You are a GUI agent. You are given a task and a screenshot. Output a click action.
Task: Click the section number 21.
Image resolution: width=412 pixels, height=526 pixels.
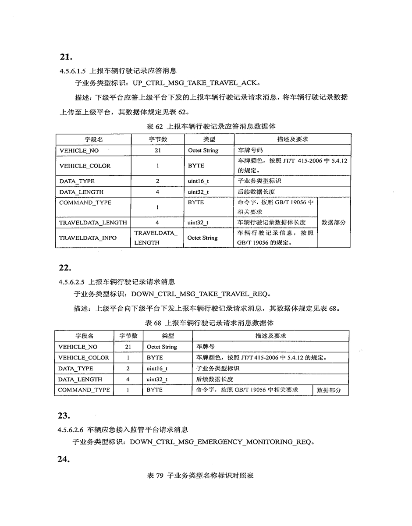point(65,57)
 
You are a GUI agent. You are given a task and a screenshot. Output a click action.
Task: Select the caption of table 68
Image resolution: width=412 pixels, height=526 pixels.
point(209,323)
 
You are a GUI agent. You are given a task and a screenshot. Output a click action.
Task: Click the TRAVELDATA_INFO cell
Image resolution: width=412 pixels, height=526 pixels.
point(88,238)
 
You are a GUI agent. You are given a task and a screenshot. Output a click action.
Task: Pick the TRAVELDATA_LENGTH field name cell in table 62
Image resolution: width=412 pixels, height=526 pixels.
point(93,223)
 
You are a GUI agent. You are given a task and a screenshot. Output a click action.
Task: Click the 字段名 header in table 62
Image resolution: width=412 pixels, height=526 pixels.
point(93,139)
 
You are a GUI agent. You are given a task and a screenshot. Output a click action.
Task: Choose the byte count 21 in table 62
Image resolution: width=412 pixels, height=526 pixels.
point(157,150)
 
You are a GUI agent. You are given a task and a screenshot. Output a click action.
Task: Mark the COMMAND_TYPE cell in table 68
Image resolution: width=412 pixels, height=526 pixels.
point(84,390)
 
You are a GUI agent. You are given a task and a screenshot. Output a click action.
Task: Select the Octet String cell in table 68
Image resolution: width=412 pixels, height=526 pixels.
point(162,347)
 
